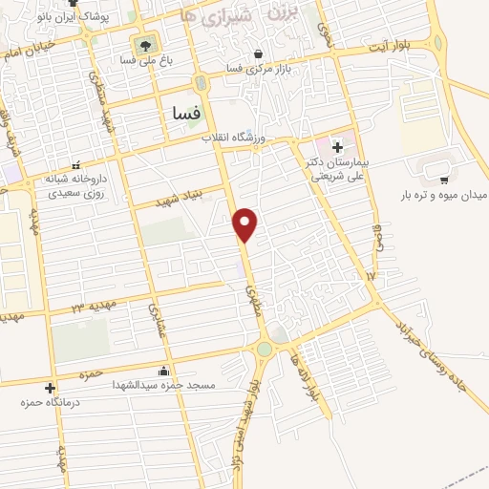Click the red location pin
pyautogui.click(x=246, y=223)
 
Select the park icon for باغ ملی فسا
pyautogui.click(x=145, y=45)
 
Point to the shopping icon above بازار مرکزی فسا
pyautogui.click(x=260, y=53)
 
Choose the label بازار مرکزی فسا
pyautogui.click(x=260, y=69)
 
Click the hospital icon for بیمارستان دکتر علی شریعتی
pyautogui.click(x=336, y=146)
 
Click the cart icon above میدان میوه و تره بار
pyautogui.click(x=444, y=179)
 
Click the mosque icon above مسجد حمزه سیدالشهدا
pyautogui.click(x=164, y=371)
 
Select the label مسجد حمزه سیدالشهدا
pyautogui.click(x=164, y=385)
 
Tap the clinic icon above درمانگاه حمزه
pyautogui.click(x=51, y=387)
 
